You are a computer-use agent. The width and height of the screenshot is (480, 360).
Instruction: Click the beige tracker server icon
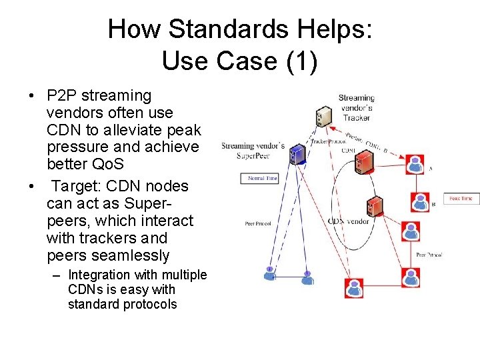[x=323, y=117]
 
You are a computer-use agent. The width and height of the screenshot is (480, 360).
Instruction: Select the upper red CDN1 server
[x=363, y=160]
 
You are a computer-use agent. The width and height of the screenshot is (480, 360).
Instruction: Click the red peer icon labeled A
[x=416, y=164]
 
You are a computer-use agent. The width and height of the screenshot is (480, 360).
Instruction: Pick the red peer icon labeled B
[x=419, y=201]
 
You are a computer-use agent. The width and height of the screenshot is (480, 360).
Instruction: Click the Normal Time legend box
[x=258, y=179]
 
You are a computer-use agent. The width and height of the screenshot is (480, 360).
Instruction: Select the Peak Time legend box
[x=461, y=198]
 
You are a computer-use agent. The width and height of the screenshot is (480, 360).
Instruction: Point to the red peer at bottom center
[x=354, y=287]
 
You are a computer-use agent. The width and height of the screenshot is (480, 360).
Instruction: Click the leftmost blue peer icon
[x=269, y=273]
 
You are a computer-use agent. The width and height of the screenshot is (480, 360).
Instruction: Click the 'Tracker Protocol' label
[x=328, y=141]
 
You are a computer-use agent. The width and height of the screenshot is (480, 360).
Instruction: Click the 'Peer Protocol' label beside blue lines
[x=258, y=223]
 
